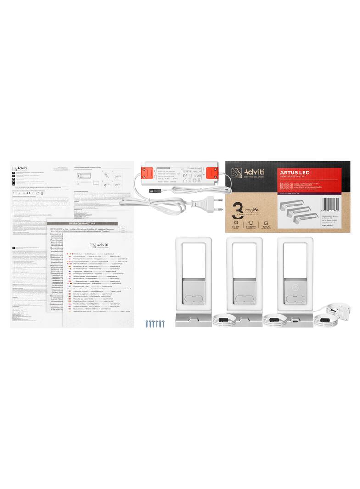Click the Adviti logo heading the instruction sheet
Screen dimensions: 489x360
point(21,167)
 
